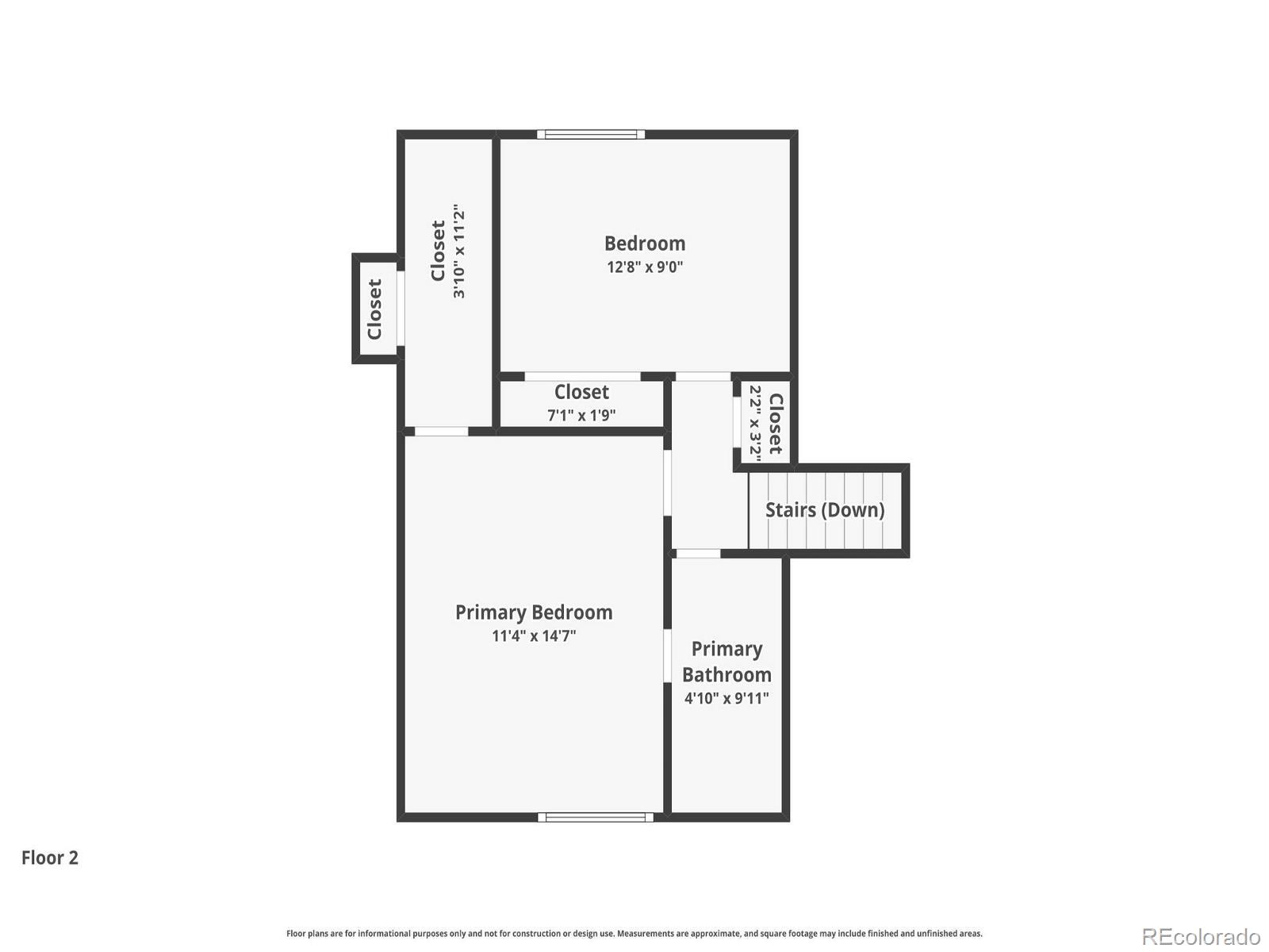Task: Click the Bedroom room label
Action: [x=644, y=244]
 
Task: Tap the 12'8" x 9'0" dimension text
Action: [x=644, y=267]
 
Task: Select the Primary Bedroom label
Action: [x=533, y=612]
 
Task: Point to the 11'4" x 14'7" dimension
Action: [x=533, y=636]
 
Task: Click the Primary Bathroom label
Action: [x=727, y=662]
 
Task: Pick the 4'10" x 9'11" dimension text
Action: [x=727, y=699]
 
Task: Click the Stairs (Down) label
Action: [x=824, y=510]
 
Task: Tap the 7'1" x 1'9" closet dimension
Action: [x=581, y=415]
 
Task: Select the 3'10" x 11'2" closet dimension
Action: [x=458, y=251]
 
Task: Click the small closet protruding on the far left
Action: [x=375, y=309]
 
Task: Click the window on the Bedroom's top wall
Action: [x=591, y=134]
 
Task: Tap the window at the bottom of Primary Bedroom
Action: [x=596, y=817]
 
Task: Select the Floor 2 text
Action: [x=50, y=858]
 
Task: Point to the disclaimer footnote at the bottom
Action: [x=634, y=934]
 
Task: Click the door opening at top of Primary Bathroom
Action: [x=698, y=553]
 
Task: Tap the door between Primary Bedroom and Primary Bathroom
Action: [x=667, y=655]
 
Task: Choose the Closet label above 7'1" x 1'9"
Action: [x=581, y=392]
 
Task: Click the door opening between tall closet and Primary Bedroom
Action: [x=441, y=432]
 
